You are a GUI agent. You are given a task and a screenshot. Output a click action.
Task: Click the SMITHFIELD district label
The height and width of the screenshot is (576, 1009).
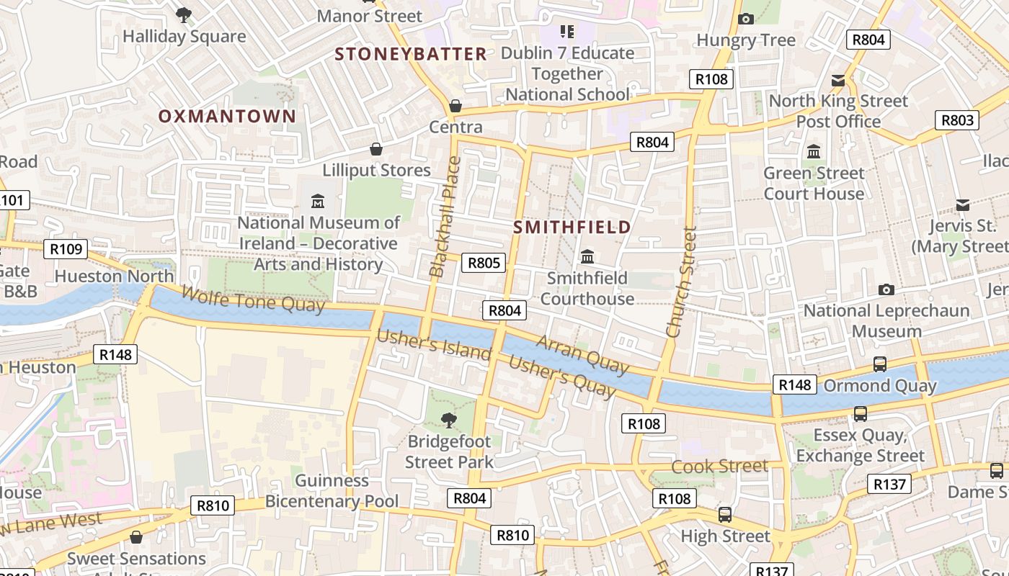572,228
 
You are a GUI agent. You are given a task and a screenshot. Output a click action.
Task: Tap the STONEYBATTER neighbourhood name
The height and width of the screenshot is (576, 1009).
411,54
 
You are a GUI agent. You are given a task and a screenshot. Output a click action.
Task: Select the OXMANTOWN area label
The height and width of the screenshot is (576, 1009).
227,116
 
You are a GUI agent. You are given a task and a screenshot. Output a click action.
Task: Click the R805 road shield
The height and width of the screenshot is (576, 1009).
484,263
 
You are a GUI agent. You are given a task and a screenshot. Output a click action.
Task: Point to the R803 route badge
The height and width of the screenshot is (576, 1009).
957,120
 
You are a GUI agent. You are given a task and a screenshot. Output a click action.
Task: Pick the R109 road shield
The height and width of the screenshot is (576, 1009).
66,250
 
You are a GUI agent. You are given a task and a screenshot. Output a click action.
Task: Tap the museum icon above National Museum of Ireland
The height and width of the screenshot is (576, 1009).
317,201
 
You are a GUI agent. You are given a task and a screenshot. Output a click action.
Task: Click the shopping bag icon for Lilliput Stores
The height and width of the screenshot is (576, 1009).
376,149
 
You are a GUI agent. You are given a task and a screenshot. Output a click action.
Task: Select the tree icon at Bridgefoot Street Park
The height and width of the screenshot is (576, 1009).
449,419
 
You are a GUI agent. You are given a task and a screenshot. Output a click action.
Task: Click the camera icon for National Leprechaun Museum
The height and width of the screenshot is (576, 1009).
886,289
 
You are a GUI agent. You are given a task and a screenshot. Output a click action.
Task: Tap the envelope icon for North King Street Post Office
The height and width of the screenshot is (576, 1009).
838,80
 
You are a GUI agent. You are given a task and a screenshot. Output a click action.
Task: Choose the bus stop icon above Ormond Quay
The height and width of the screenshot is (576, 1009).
879,364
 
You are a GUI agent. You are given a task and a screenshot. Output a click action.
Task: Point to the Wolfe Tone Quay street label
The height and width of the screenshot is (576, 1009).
253,300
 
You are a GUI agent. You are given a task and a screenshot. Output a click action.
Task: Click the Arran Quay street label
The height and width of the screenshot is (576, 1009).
582,354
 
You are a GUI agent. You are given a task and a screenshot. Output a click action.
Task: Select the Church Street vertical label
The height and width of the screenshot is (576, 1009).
682,282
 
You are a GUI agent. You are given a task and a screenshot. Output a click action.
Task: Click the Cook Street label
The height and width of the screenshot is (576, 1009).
719,467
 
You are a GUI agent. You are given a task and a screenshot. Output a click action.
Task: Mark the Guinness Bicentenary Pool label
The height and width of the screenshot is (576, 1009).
332,491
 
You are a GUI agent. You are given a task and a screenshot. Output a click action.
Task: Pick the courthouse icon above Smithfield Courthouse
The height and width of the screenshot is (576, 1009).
587,256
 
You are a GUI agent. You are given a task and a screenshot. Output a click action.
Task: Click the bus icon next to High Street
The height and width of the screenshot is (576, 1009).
725,515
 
